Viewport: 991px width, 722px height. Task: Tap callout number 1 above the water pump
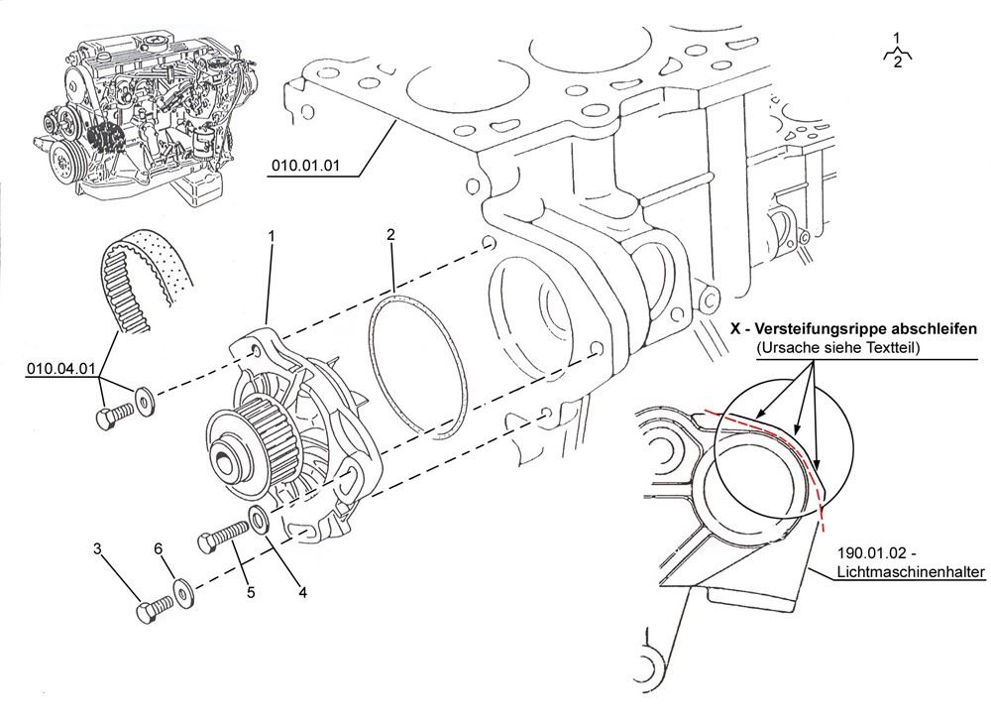click(272, 236)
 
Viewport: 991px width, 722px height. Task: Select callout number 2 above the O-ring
click(390, 234)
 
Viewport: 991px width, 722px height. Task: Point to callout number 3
click(98, 547)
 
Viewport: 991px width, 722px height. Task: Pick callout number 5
click(251, 593)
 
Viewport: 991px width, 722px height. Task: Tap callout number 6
click(158, 547)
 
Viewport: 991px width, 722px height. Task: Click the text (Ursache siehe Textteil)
click(838, 348)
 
